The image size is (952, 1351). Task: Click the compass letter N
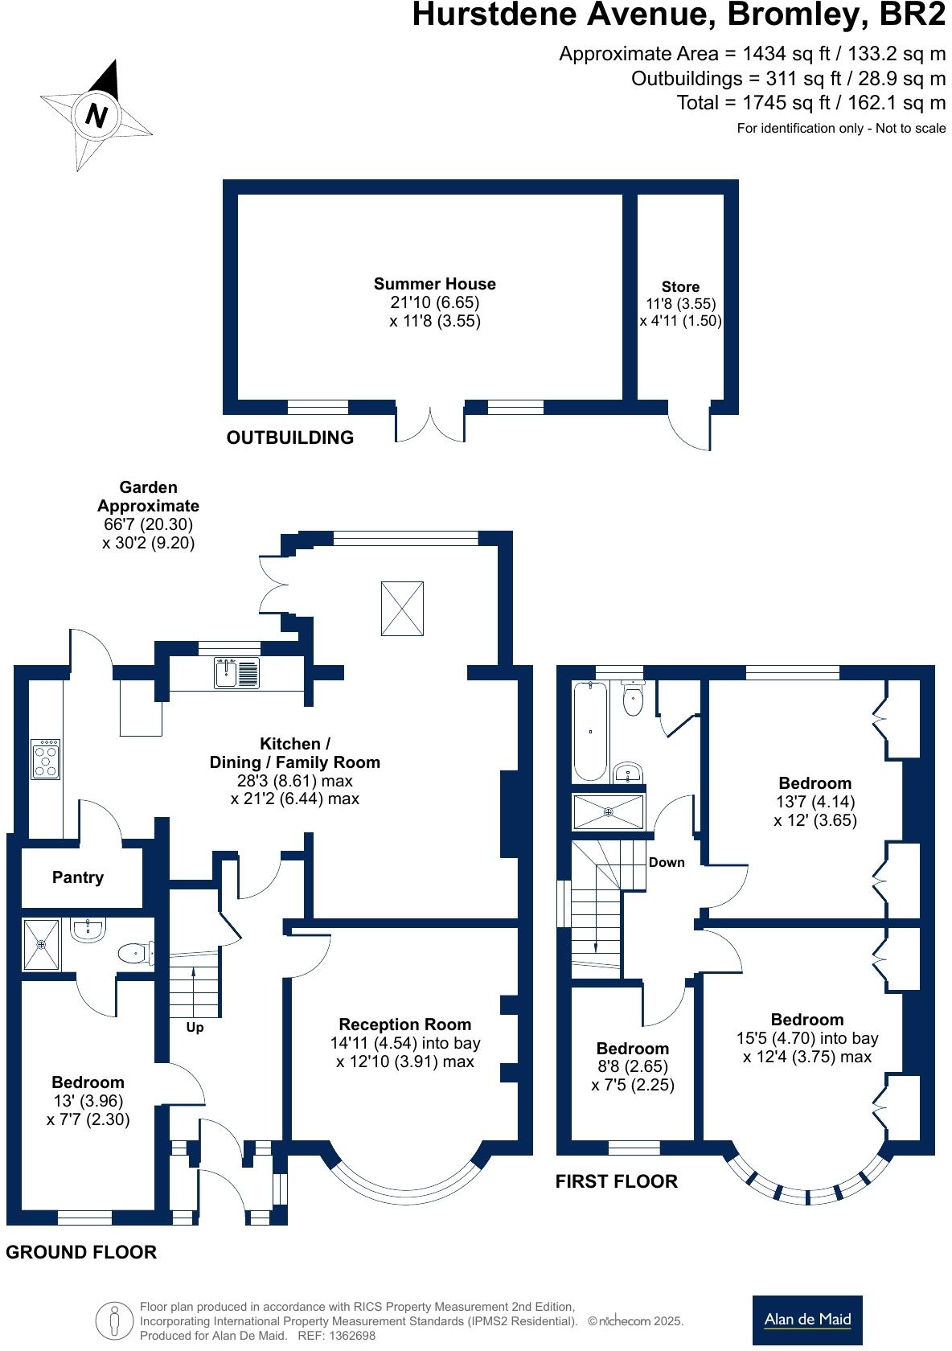click(x=96, y=116)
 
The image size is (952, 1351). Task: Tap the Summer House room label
click(x=434, y=284)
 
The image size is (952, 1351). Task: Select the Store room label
click(x=680, y=287)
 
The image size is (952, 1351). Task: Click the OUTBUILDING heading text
click(x=290, y=437)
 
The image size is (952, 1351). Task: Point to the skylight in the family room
click(x=401, y=609)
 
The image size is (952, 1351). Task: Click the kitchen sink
click(x=236, y=673)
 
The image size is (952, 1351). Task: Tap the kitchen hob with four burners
click(x=45, y=759)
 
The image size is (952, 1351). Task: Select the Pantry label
click(x=78, y=877)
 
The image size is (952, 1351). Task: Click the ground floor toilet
click(x=135, y=954)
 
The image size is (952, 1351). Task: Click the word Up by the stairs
click(x=195, y=1028)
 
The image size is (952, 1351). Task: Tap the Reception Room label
click(x=405, y=1025)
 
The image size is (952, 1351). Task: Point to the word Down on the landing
click(x=667, y=862)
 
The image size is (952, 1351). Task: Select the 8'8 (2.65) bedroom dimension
click(x=633, y=1066)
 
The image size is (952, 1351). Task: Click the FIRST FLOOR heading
click(x=617, y=1181)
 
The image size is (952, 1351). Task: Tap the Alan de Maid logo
click(x=807, y=1319)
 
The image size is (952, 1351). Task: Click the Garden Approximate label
click(x=148, y=496)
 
